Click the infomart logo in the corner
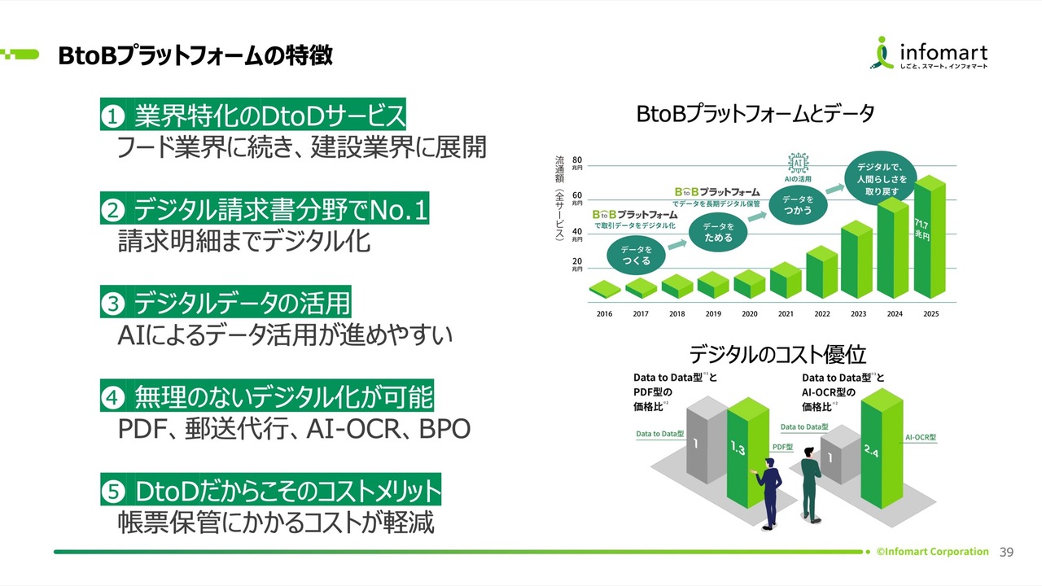931,55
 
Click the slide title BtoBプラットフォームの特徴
195,55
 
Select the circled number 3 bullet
112,304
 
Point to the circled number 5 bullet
112,491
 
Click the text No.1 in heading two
398,211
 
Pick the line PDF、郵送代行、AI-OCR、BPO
294,429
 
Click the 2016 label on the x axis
605,314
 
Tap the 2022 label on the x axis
822,314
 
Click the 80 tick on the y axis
576,160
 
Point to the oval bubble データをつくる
636,256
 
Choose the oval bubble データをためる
718,233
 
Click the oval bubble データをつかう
798,205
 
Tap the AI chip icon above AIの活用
797,162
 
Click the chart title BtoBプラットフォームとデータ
755,115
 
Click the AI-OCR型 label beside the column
921,437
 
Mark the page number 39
1006,552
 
